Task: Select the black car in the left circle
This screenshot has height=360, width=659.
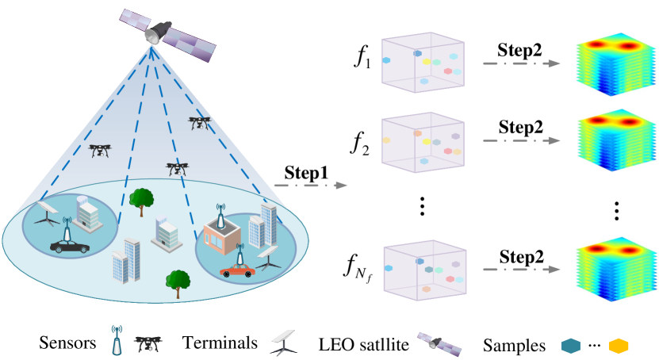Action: [x=70, y=247]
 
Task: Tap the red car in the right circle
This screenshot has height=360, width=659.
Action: [x=237, y=271]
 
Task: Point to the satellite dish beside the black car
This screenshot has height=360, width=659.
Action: [x=47, y=212]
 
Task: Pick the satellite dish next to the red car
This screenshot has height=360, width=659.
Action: [x=269, y=257]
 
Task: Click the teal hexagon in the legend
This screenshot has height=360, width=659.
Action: [x=570, y=346]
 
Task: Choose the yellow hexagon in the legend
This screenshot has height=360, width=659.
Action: [x=618, y=346]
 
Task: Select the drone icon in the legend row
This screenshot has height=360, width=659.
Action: [x=148, y=343]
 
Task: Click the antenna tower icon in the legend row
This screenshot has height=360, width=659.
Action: [x=117, y=340]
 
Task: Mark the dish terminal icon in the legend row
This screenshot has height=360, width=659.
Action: [x=283, y=342]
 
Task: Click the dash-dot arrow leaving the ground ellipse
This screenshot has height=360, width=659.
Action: [x=310, y=186]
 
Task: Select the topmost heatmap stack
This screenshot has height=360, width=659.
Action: [x=615, y=65]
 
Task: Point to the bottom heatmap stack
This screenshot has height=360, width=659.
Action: [x=614, y=267]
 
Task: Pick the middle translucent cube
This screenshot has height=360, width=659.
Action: [x=423, y=143]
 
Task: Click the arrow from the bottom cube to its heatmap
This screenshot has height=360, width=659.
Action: [x=521, y=270]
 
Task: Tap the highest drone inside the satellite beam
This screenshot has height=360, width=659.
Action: [x=199, y=122]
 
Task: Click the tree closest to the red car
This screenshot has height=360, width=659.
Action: [x=178, y=281]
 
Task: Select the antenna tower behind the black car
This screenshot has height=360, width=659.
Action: [x=67, y=230]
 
